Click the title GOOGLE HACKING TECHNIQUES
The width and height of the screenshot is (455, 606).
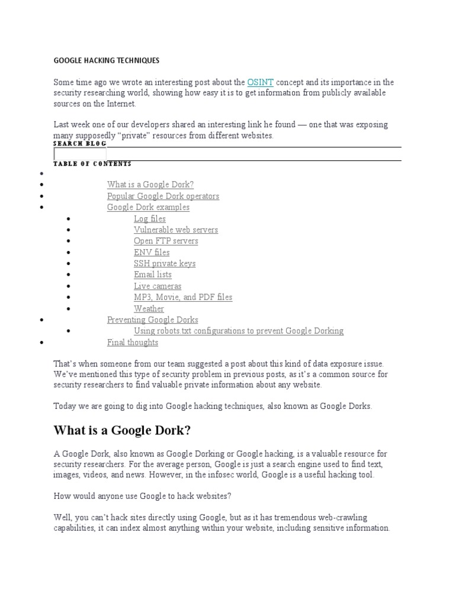point(107,60)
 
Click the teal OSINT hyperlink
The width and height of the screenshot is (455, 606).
point(260,82)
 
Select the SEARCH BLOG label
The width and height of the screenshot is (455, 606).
point(79,144)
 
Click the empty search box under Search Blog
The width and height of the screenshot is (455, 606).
point(80,154)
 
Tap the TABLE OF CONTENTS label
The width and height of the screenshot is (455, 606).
point(92,164)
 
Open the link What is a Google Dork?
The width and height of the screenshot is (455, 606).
point(150,185)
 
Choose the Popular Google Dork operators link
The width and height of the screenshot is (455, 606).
point(163,196)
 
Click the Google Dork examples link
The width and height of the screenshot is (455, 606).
point(148,207)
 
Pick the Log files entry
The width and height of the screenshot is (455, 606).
point(150,218)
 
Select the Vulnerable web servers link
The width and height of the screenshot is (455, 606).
point(176,230)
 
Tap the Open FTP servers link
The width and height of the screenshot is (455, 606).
point(166,241)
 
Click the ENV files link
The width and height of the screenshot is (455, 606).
point(152,252)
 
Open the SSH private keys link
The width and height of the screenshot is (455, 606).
point(165,263)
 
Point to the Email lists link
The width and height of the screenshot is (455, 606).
point(153,275)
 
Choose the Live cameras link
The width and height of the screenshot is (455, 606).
point(158,286)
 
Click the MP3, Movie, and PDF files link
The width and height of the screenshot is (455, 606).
point(183,297)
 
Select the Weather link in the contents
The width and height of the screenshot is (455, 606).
point(149,308)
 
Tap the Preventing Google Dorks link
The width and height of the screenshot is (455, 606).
point(153,320)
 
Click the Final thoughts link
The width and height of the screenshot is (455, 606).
point(133,342)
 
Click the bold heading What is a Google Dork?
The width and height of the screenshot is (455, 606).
point(123,429)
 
